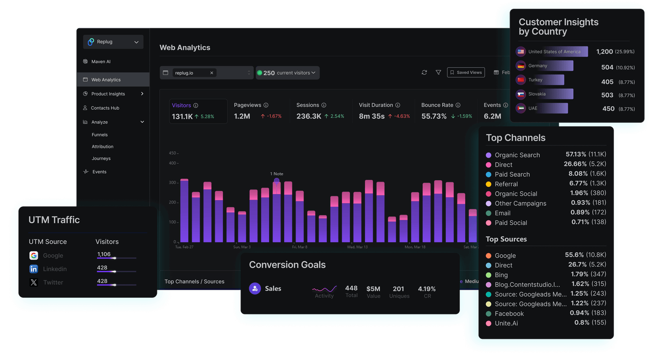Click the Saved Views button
tap(466, 72)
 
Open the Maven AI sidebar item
tap(101, 62)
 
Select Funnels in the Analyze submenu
tap(99, 135)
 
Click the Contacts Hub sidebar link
tap(105, 108)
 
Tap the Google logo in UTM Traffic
tap(34, 256)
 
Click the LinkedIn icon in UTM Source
tap(34, 269)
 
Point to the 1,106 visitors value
tap(104, 254)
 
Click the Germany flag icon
tap(521, 66)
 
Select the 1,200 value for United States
tap(604, 52)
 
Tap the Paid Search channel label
tap(512, 174)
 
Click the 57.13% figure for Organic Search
tap(575, 154)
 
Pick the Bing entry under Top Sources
tap(501, 275)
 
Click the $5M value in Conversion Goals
tap(373, 289)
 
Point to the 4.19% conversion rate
tap(427, 289)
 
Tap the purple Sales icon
tap(255, 288)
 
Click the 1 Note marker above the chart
tap(277, 174)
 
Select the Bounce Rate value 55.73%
tap(434, 116)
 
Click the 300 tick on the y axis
tap(172, 182)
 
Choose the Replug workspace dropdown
tap(113, 42)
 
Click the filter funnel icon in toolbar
tap(438, 72)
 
